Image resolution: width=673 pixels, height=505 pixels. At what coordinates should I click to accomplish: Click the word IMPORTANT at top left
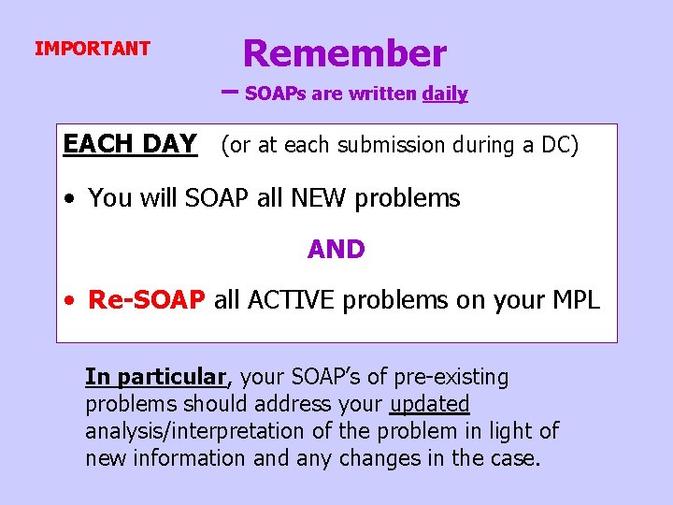tap(92, 49)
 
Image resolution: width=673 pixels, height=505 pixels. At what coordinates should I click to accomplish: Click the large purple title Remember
tap(344, 53)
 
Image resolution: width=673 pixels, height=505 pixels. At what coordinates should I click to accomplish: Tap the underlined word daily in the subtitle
tap(445, 94)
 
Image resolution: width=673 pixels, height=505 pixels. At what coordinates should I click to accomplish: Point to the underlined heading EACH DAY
tap(129, 144)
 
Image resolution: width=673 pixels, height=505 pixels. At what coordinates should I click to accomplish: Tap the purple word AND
tap(336, 250)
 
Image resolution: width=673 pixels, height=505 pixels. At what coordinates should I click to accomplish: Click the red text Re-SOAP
tap(146, 300)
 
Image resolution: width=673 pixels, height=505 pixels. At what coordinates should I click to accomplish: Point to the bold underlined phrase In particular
tap(156, 377)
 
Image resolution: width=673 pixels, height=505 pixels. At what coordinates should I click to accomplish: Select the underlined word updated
tap(429, 404)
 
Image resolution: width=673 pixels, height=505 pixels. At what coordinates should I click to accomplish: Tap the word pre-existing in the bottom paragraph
tap(453, 377)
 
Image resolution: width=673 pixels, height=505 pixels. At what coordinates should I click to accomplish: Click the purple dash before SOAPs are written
tap(231, 92)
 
